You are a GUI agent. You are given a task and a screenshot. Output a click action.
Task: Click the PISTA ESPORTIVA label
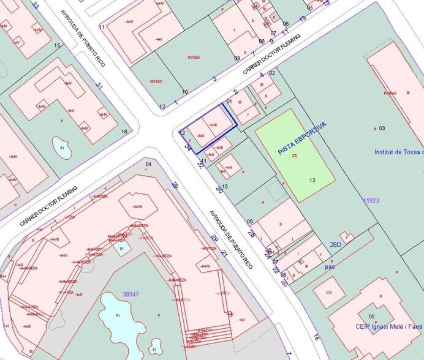(x=302, y=138)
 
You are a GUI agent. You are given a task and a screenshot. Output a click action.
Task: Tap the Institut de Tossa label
(x=398, y=152)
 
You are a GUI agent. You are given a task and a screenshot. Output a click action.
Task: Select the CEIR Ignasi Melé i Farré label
(x=389, y=326)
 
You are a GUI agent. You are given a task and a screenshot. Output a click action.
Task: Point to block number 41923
(x=371, y=200)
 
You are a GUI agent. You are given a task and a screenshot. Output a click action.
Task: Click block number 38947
(x=130, y=294)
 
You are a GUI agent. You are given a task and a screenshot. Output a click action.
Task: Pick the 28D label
(x=335, y=245)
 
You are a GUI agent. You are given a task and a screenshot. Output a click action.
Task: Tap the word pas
(x=330, y=267)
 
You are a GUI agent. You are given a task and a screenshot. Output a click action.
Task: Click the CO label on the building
(x=329, y=293)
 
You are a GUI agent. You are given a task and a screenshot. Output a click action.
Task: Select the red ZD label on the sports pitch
(x=295, y=156)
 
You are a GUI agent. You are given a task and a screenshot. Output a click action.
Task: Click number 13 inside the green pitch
(x=312, y=180)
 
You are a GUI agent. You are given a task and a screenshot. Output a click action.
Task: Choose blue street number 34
(x=187, y=148)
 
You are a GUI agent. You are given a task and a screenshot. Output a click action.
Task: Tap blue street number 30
(x=219, y=190)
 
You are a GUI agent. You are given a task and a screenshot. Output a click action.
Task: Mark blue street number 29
(x=214, y=238)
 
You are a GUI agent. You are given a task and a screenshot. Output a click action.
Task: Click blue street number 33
(x=36, y=6)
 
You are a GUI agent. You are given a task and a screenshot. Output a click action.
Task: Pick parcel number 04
(x=148, y=165)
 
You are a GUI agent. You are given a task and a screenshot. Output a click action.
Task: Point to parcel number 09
(x=250, y=222)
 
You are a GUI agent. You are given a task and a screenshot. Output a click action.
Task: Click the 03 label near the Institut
(x=381, y=128)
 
